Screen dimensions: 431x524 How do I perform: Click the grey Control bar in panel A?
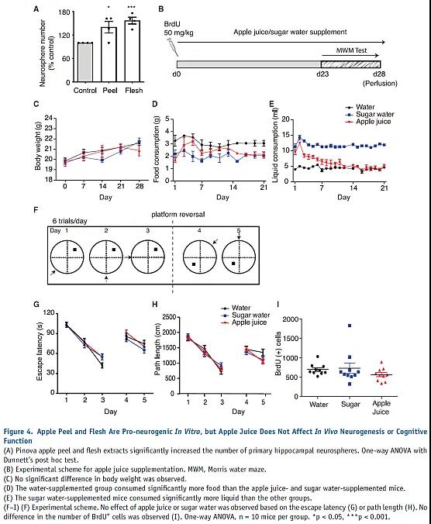pyautogui.click(x=84, y=62)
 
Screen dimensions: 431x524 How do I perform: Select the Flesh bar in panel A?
pyautogui.click(x=133, y=51)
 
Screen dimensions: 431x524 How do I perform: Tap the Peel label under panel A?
pyautogui.click(x=110, y=90)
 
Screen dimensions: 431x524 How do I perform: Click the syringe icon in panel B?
pyautogui.click(x=173, y=47)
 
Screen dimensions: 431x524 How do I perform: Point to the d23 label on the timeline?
pyautogui.click(x=322, y=74)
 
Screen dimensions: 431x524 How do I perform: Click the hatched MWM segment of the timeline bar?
pyautogui.click(x=350, y=64)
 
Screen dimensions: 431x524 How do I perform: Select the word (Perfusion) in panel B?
pyautogui.click(x=380, y=83)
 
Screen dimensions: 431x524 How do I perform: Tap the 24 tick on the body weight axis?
pyautogui.click(x=49, y=118)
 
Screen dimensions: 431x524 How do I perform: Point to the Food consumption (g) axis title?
pyautogui.click(x=156, y=149)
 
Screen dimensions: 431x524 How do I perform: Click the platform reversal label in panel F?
pyautogui.click(x=178, y=214)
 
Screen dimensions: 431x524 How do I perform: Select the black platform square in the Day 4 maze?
pyautogui.click(x=194, y=264)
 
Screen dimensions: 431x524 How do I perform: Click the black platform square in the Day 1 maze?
pyautogui.click(x=75, y=250)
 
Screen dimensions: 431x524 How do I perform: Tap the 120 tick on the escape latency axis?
pyautogui.click(x=49, y=313)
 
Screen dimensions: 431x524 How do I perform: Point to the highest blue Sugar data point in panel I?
pyautogui.click(x=350, y=326)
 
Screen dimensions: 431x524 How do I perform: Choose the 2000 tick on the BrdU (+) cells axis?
pyautogui.click(x=290, y=319)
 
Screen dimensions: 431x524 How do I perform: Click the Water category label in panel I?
pyautogui.click(x=319, y=405)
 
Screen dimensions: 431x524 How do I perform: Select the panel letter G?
pyautogui.click(x=36, y=304)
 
